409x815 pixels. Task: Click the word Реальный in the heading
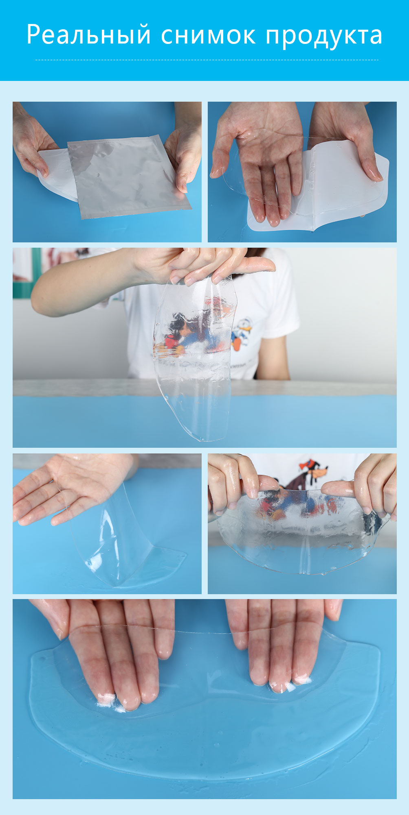coord(89,35)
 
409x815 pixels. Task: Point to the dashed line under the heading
coord(207,60)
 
